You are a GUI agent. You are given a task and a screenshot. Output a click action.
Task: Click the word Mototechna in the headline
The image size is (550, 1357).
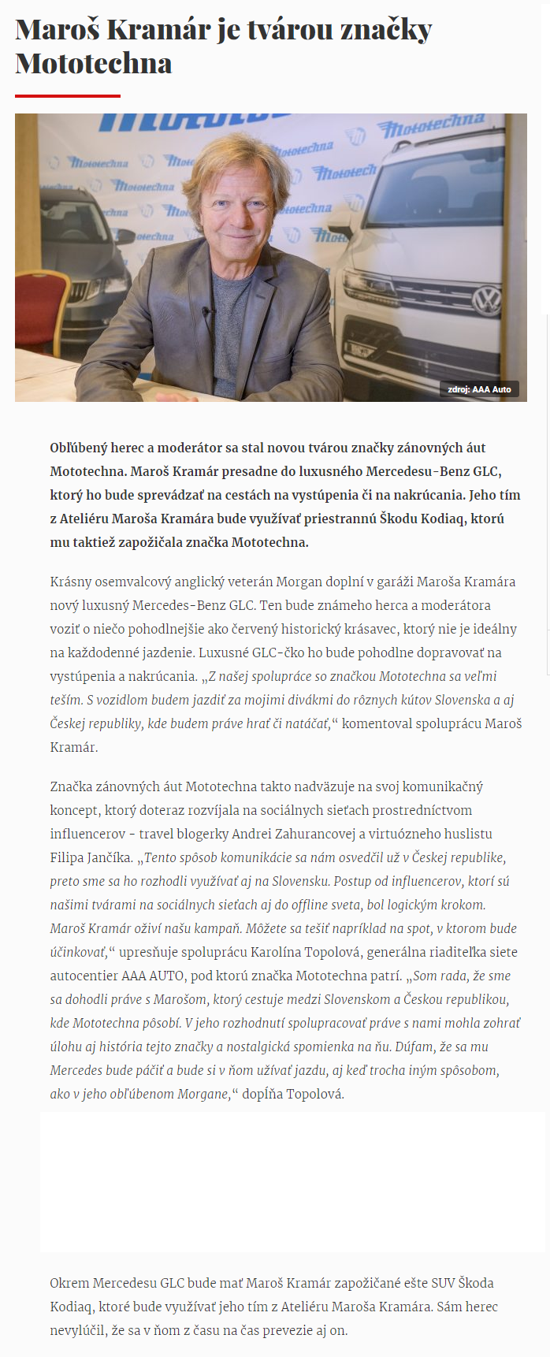[x=94, y=63]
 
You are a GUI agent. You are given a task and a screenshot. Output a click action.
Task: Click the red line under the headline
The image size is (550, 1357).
[x=68, y=95]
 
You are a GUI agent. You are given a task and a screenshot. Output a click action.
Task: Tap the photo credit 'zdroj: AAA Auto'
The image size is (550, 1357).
[x=479, y=389]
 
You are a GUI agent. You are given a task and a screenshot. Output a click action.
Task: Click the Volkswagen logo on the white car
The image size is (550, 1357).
[x=485, y=300]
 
